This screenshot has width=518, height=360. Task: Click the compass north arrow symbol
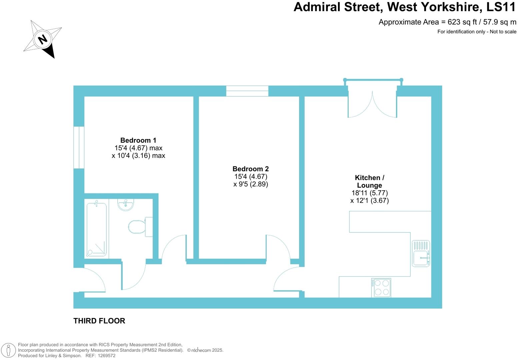[43, 39]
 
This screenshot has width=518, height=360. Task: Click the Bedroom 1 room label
[138, 140]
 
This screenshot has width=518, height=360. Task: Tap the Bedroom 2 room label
[250, 169]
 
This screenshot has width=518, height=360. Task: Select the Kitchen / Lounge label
[369, 182]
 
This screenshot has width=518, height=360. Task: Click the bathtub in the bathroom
[97, 229]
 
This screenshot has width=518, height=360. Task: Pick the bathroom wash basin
[126, 204]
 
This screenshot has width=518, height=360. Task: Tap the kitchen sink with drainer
[421, 253]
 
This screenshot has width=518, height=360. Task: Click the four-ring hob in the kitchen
[381, 288]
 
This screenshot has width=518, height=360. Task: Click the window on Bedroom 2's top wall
[247, 91]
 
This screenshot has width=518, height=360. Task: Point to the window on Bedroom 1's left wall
[79, 147]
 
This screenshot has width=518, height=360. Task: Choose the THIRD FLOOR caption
[99, 321]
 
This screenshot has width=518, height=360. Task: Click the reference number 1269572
[106, 356]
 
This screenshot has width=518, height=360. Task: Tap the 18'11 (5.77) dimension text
[369, 193]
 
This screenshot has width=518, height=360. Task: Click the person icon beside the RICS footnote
[9, 350]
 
